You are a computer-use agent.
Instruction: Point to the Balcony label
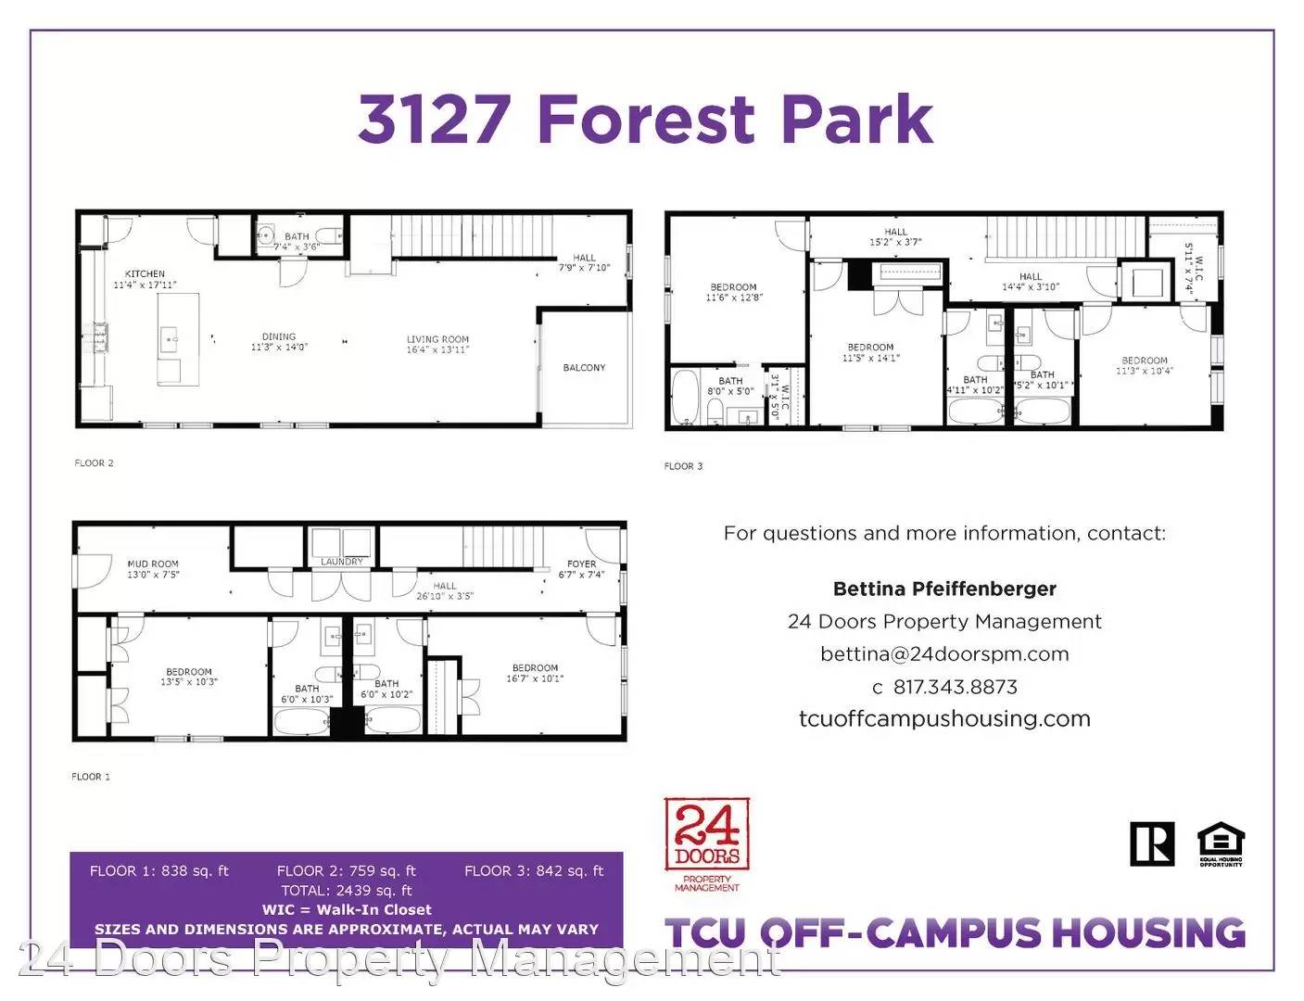coord(584,368)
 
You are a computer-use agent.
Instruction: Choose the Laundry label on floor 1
coord(342,562)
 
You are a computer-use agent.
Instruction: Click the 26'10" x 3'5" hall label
coord(445,591)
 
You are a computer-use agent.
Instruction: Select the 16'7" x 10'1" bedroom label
coord(535,673)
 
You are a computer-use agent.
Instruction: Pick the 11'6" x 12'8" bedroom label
coord(733,292)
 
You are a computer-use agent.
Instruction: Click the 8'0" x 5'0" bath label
coord(730,386)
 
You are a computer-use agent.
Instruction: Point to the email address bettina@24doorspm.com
coord(944,654)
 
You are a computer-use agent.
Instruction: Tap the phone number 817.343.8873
coord(955,687)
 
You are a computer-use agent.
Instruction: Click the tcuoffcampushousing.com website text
coord(944,719)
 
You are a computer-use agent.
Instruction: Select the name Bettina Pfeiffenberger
coord(944,589)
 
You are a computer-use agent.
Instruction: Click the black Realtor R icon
coord(1152,843)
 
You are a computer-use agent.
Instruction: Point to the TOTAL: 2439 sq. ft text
coord(347,891)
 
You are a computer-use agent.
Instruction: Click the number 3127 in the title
coord(434,120)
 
